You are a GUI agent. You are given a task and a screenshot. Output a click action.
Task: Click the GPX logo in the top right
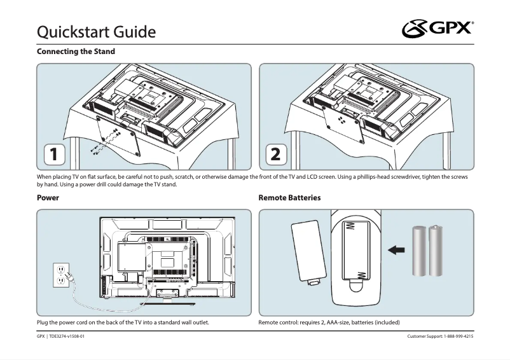click(438, 29)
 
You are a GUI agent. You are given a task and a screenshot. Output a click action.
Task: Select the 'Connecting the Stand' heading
click(76, 51)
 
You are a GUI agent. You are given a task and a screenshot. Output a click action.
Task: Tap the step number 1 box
click(53, 154)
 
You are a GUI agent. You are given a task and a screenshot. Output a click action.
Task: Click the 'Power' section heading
click(48, 198)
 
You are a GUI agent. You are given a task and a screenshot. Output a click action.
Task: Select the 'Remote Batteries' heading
click(289, 198)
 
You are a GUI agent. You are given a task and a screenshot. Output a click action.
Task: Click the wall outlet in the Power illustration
click(61, 274)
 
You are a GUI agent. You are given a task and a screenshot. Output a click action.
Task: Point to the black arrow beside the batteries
click(396, 251)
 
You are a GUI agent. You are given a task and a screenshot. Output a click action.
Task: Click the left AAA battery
click(420, 251)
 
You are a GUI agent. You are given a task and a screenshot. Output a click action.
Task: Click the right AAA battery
click(436, 251)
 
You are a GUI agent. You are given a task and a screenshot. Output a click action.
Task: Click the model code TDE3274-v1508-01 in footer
click(66, 336)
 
